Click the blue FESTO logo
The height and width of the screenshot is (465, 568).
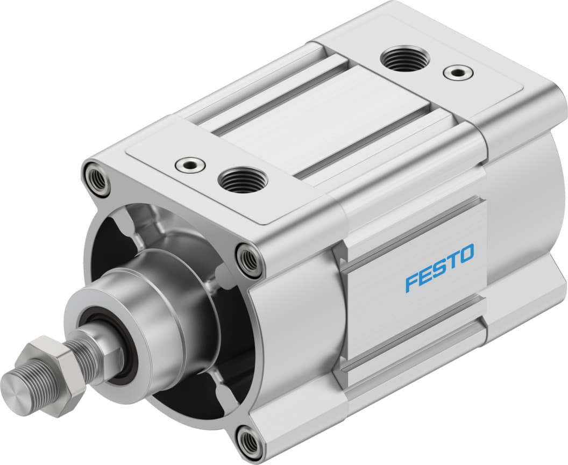[439, 267]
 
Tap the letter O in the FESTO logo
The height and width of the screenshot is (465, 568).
[466, 254]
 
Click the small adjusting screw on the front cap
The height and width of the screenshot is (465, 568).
[189, 163]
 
